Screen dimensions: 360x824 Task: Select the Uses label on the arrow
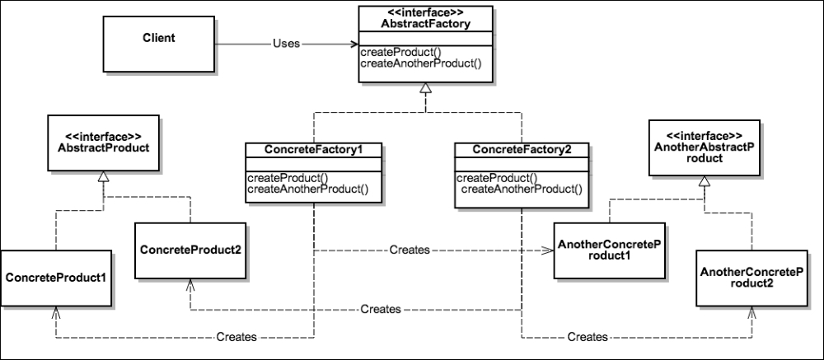pos(285,44)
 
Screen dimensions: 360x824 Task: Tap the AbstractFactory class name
pos(426,25)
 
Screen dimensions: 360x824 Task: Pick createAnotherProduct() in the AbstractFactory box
pos(420,63)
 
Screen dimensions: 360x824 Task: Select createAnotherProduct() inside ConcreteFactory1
pos(307,189)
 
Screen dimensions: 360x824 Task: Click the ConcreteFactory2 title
pos(522,149)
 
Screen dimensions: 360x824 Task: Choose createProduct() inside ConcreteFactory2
pos(492,178)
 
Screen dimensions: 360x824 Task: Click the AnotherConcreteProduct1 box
pos(610,250)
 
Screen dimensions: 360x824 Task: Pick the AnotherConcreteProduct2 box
pos(750,277)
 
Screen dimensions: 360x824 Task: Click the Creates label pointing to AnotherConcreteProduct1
pos(409,250)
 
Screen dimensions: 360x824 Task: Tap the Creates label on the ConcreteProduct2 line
pos(380,309)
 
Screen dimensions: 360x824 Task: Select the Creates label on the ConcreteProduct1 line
pos(236,337)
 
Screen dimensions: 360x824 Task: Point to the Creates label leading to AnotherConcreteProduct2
pos(588,337)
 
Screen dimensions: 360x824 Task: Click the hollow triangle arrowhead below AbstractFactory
pos(425,89)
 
